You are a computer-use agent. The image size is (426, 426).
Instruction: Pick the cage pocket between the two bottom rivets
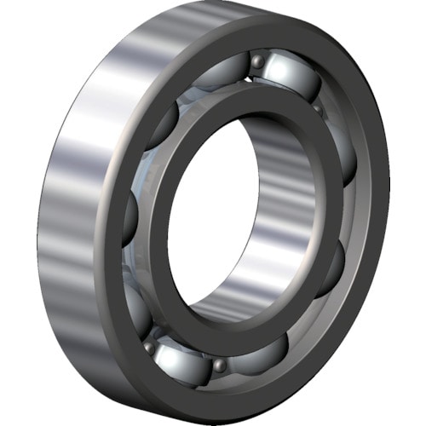pyautogui.click(x=182, y=357)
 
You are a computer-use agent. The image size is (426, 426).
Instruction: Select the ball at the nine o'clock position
pyautogui.click(x=130, y=220)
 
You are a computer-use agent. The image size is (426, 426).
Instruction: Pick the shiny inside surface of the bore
pyautogui.click(x=273, y=213)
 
